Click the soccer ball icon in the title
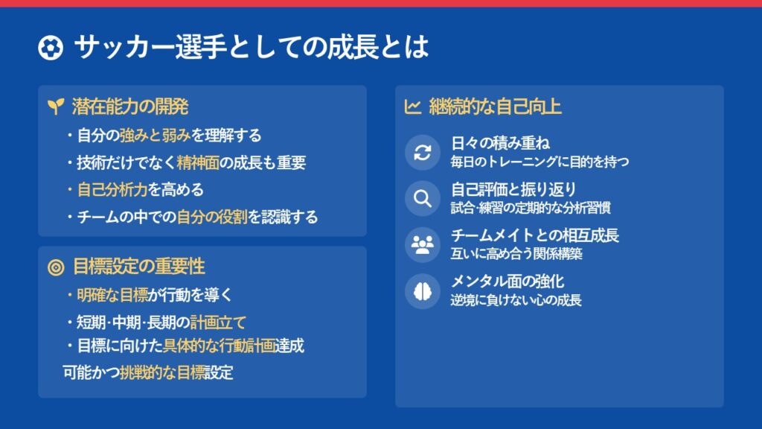[51, 48]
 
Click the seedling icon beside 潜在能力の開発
[56, 106]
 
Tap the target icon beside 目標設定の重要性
[56, 267]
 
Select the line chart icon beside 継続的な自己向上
[412, 107]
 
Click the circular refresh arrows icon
[423, 152]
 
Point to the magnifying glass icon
[423, 198]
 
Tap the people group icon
[423, 244]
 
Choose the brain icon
[423, 291]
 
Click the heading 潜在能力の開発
[130, 107]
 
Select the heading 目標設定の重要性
[139, 267]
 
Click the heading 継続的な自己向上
[495, 107]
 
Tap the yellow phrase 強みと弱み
[155, 136]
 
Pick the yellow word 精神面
[198, 162]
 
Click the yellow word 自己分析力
[112, 190]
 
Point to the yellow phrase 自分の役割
[212, 217]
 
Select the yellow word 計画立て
[218, 322]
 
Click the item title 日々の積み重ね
[500, 144]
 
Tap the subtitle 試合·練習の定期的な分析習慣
[531, 209]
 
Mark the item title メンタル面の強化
[508, 281]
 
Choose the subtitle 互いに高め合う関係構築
[516, 253]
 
